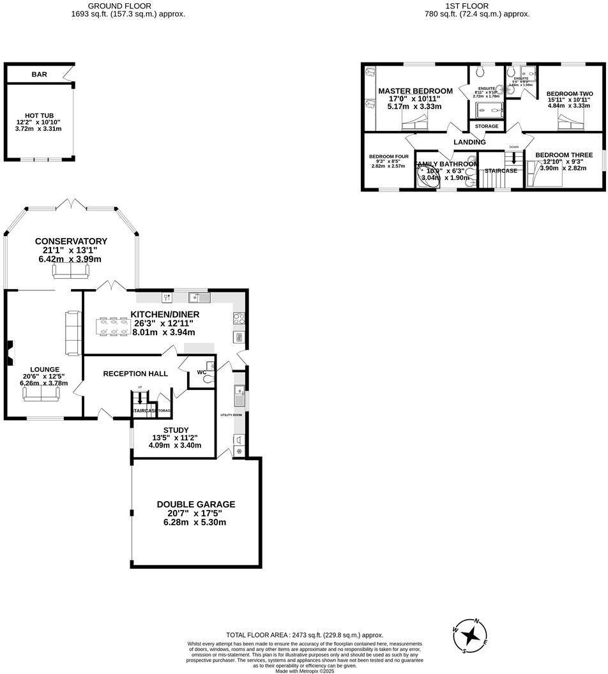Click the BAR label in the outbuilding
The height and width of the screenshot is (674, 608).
click(x=39, y=75)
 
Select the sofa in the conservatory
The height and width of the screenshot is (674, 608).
click(x=70, y=272)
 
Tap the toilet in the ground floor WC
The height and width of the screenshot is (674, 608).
click(x=206, y=378)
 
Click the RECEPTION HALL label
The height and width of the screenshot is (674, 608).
click(x=135, y=373)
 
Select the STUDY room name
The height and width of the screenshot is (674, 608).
click(x=176, y=430)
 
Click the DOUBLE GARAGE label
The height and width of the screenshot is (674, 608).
click(x=196, y=504)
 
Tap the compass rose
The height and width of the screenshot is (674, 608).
click(x=471, y=634)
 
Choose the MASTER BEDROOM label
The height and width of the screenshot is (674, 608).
click(x=415, y=91)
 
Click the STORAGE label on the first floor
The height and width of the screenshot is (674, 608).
click(x=486, y=126)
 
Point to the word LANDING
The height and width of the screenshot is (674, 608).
click(x=469, y=142)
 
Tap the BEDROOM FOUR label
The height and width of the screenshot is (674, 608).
click(x=388, y=156)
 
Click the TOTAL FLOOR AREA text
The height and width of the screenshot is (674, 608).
click(x=305, y=635)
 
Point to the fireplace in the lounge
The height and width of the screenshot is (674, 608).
click(x=10, y=352)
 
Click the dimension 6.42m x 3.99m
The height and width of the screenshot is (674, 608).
click(x=70, y=259)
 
